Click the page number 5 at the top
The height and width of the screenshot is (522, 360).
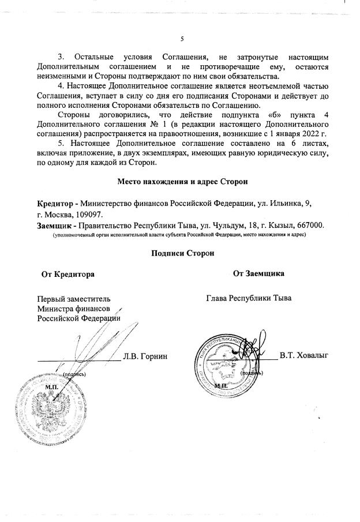pos(182,39)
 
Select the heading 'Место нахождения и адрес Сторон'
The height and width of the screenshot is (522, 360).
pos(182,182)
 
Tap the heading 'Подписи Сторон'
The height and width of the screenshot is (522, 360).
pos(182,253)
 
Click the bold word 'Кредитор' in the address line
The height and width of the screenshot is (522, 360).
pos(55,204)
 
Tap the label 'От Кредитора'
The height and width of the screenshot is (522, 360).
pos(67,274)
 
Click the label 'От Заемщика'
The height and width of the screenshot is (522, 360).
pos(258,274)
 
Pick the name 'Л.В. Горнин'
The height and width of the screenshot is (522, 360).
pos(145,356)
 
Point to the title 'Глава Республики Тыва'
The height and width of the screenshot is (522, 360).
pos(249,298)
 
